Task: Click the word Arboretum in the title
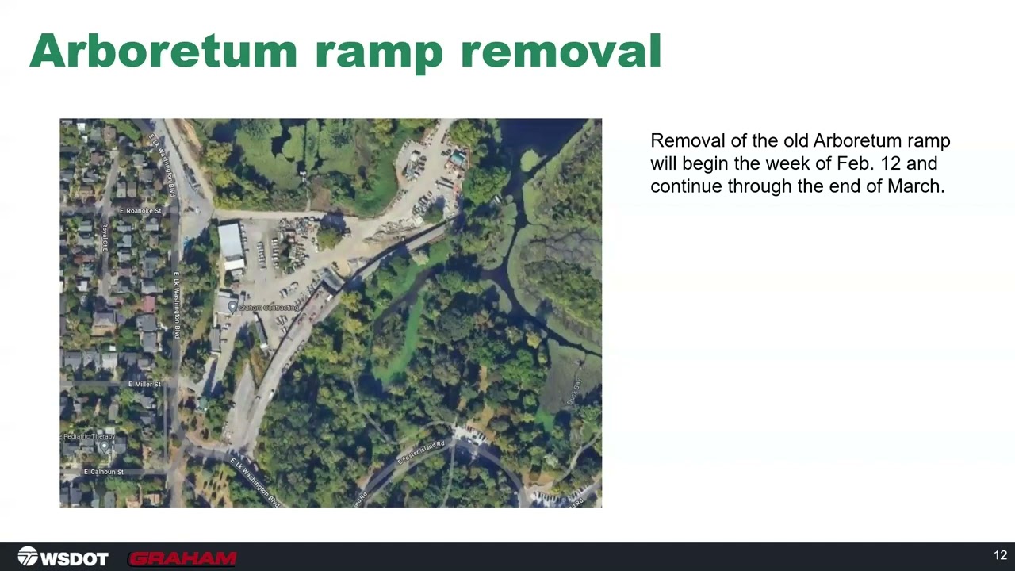click(163, 51)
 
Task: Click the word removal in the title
click(561, 51)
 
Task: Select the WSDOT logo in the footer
click(63, 558)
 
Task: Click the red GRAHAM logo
click(182, 558)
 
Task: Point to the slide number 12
click(1000, 555)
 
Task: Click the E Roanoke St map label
click(140, 211)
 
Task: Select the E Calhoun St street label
click(103, 472)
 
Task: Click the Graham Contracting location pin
click(232, 306)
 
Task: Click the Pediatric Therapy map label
click(90, 437)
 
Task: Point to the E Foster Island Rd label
click(421, 453)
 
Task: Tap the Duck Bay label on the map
click(574, 393)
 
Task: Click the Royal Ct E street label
click(104, 237)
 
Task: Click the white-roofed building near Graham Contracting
click(231, 243)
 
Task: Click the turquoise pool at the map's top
click(458, 159)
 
